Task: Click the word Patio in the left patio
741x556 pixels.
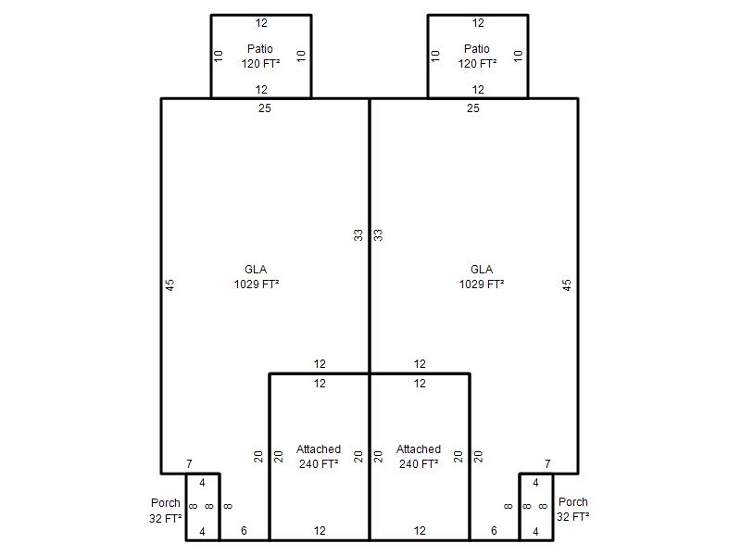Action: point(260,49)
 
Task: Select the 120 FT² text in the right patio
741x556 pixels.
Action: point(477,63)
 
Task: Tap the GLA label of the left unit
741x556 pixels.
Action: point(256,270)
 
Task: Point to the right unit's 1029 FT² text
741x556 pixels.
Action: point(482,284)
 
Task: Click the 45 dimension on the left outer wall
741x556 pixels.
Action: point(170,284)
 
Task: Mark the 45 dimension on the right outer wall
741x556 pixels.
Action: point(567,284)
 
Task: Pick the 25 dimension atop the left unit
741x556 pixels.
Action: point(265,108)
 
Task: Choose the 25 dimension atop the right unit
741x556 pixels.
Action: point(473,108)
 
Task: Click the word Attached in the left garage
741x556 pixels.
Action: point(319,449)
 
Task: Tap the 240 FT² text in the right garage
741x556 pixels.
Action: point(419,464)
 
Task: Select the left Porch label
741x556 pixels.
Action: point(166,503)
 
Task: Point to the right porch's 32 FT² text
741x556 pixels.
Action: point(572,517)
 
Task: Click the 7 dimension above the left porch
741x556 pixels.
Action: point(190,464)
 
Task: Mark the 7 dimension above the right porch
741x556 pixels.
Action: point(547,464)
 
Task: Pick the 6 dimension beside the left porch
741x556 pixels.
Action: point(244,530)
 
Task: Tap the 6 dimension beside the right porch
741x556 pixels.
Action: point(494,530)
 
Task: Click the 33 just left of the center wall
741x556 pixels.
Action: point(358,235)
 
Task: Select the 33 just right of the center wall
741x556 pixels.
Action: point(378,235)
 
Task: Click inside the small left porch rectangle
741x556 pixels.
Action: point(203,507)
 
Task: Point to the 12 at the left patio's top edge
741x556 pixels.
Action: point(261,22)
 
